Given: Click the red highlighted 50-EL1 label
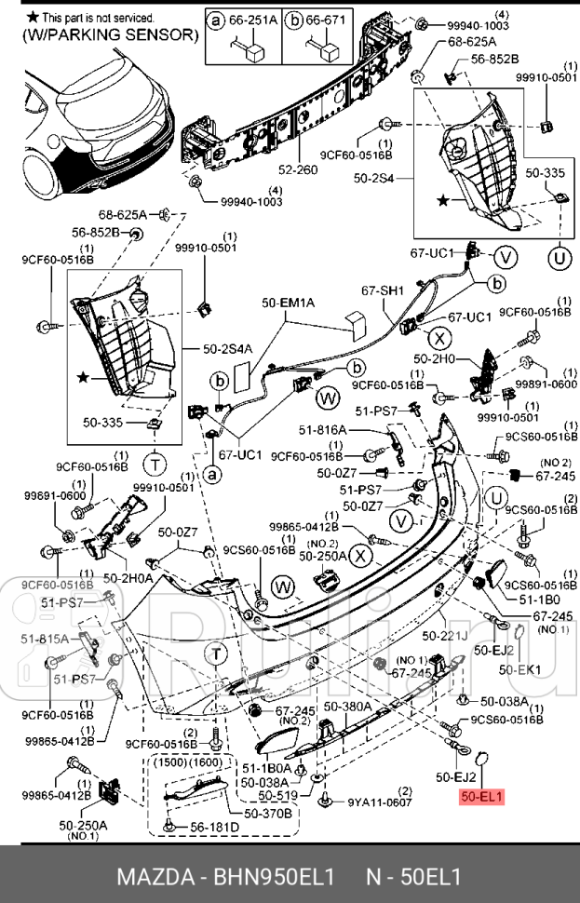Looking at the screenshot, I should pyautogui.click(x=481, y=797).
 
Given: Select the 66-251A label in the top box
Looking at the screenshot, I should pyautogui.click(x=253, y=19).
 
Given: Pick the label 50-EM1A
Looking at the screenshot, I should pyautogui.click(x=288, y=303).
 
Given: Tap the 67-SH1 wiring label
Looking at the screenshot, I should pyautogui.click(x=382, y=291).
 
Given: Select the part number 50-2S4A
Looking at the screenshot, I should pyautogui.click(x=228, y=349).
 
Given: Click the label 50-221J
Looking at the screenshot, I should pyautogui.click(x=443, y=636).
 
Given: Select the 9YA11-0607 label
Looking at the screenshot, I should pyautogui.click(x=380, y=802).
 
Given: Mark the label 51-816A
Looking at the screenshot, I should pyautogui.click(x=322, y=430).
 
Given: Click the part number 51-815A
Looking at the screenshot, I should pyautogui.click(x=45, y=639).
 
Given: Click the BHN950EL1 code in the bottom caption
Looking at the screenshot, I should pyautogui.click(x=274, y=877).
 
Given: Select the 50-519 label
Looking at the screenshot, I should pyautogui.click(x=277, y=796).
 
